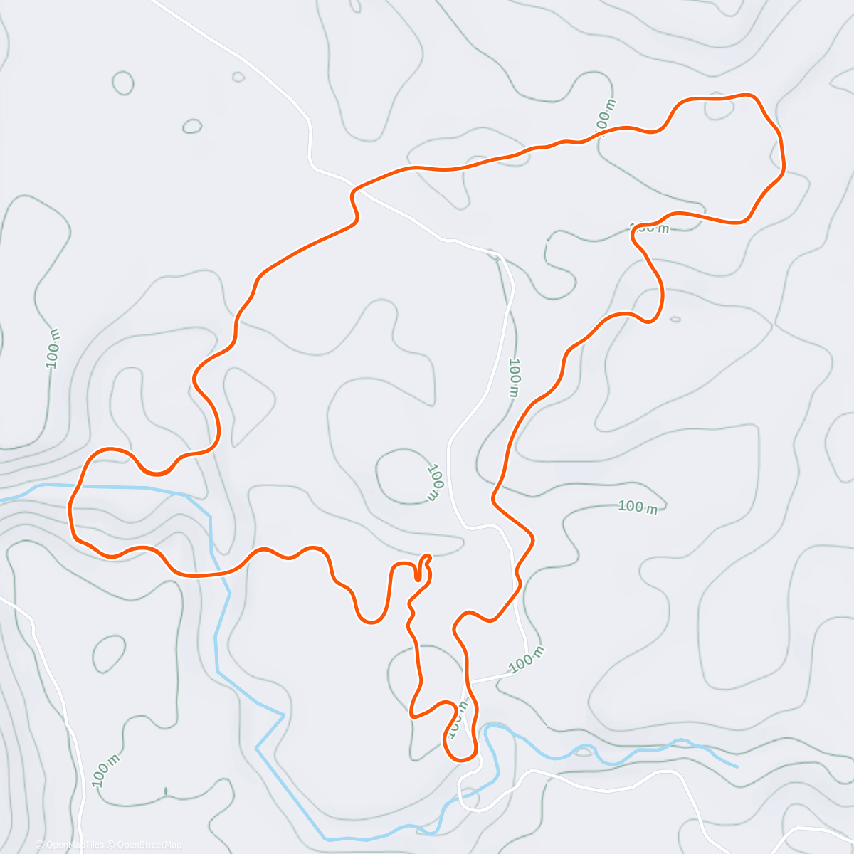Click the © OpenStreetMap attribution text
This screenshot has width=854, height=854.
[149, 845]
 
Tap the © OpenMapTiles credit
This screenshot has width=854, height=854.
[72, 845]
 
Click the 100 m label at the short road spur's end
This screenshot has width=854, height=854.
[527, 660]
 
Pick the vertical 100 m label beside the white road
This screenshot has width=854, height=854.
[515, 377]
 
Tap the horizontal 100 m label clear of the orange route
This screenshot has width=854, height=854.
[638, 507]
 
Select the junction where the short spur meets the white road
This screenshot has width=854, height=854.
[468, 683]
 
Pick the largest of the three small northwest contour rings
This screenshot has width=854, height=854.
[123, 83]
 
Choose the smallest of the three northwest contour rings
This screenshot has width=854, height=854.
[238, 77]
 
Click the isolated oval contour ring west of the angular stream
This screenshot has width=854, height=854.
[108, 653]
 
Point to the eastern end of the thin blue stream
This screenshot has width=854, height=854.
[737, 766]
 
